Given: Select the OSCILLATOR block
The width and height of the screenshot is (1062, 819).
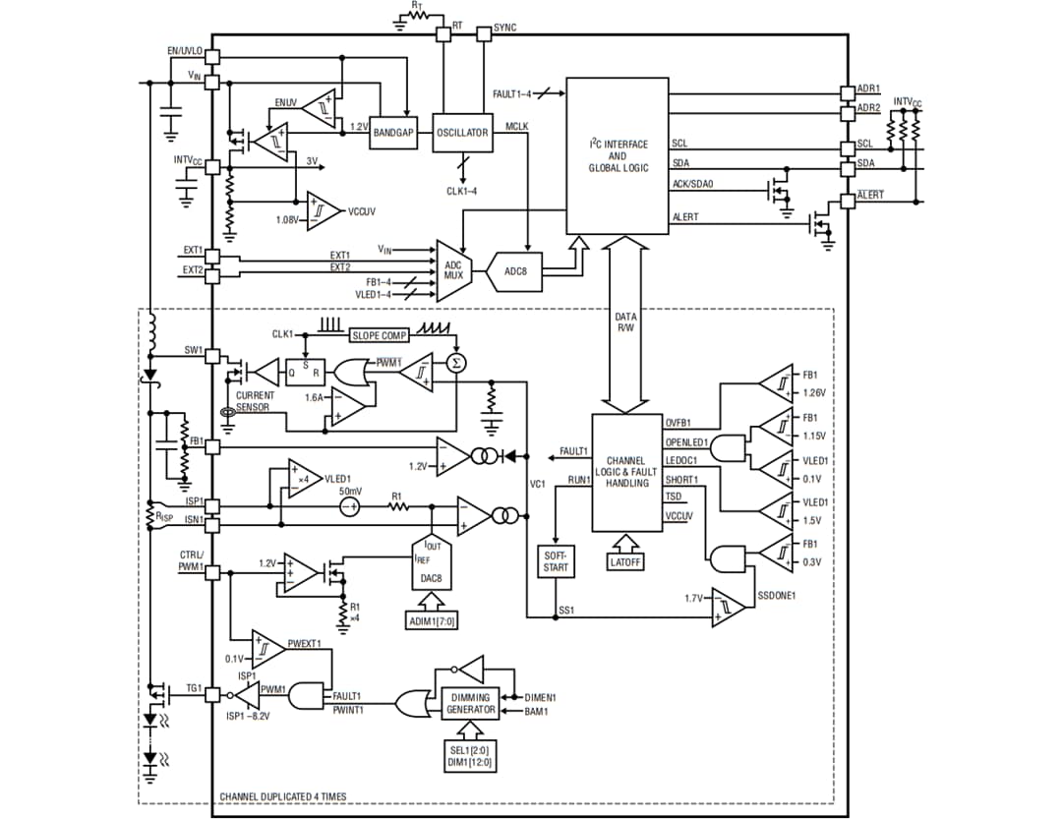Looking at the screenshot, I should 462,133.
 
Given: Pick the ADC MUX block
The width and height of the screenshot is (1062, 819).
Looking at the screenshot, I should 453,269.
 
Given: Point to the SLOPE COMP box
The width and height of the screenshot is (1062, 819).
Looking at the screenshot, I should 380,335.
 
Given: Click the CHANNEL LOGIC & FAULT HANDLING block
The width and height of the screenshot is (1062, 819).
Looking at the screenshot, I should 626,472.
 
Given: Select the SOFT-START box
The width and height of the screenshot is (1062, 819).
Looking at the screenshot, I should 556,561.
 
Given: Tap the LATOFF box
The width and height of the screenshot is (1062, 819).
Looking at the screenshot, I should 625,562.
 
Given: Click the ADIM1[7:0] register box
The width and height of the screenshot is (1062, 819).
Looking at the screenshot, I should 432,620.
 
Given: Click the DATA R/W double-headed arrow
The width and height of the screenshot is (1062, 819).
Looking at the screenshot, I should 626,324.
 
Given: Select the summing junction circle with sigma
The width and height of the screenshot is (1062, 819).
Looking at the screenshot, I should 455,364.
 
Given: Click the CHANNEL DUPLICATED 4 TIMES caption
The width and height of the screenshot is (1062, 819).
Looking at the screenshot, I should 282,796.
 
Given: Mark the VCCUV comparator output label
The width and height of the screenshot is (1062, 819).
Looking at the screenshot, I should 362,210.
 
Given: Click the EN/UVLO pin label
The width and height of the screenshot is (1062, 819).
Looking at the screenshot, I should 184,50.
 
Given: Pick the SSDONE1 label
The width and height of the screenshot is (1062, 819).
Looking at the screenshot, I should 776,596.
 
